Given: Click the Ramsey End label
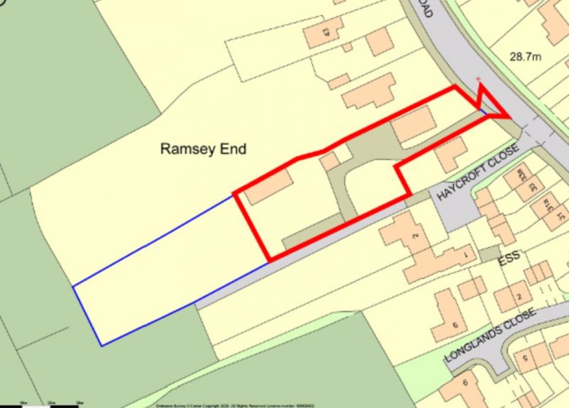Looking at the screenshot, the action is (204, 149).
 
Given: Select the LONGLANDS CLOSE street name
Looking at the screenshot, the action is (490, 335).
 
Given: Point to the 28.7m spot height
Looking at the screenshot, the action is (525, 56).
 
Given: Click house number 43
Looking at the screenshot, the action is (325, 32).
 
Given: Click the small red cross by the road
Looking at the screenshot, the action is (478, 79).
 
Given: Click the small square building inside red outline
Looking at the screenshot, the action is (330, 161).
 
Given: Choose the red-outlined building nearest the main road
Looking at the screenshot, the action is (414, 124).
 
